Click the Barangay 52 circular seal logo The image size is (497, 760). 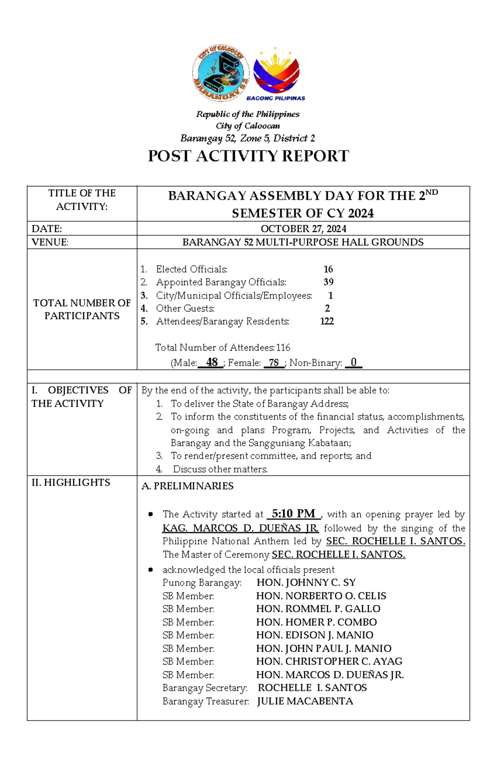click(x=220, y=73)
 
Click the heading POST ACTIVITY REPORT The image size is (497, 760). click(x=248, y=156)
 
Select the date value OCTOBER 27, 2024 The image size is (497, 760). click(x=303, y=229)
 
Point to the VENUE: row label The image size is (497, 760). click(x=50, y=242)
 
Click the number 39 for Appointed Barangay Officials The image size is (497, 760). click(x=328, y=282)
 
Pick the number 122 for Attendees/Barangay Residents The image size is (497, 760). click(x=327, y=321)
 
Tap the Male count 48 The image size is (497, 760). click(x=212, y=362)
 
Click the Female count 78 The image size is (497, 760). click(x=273, y=363)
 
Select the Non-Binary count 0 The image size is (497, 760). click(x=353, y=362)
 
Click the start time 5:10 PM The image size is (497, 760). click(x=294, y=514)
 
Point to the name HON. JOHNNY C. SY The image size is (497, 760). click(x=306, y=582)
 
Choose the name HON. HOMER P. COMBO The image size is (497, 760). click(x=316, y=622)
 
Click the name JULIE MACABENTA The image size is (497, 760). click(x=305, y=701)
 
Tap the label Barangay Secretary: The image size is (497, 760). click(x=205, y=688)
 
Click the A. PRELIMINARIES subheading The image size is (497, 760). click(x=187, y=486)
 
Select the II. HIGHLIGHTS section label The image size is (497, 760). click(x=71, y=483)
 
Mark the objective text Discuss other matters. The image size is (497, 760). click(x=220, y=469)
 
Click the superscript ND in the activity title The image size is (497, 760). click(x=432, y=192)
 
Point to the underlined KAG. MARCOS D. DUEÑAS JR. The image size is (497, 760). click(x=240, y=528)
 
